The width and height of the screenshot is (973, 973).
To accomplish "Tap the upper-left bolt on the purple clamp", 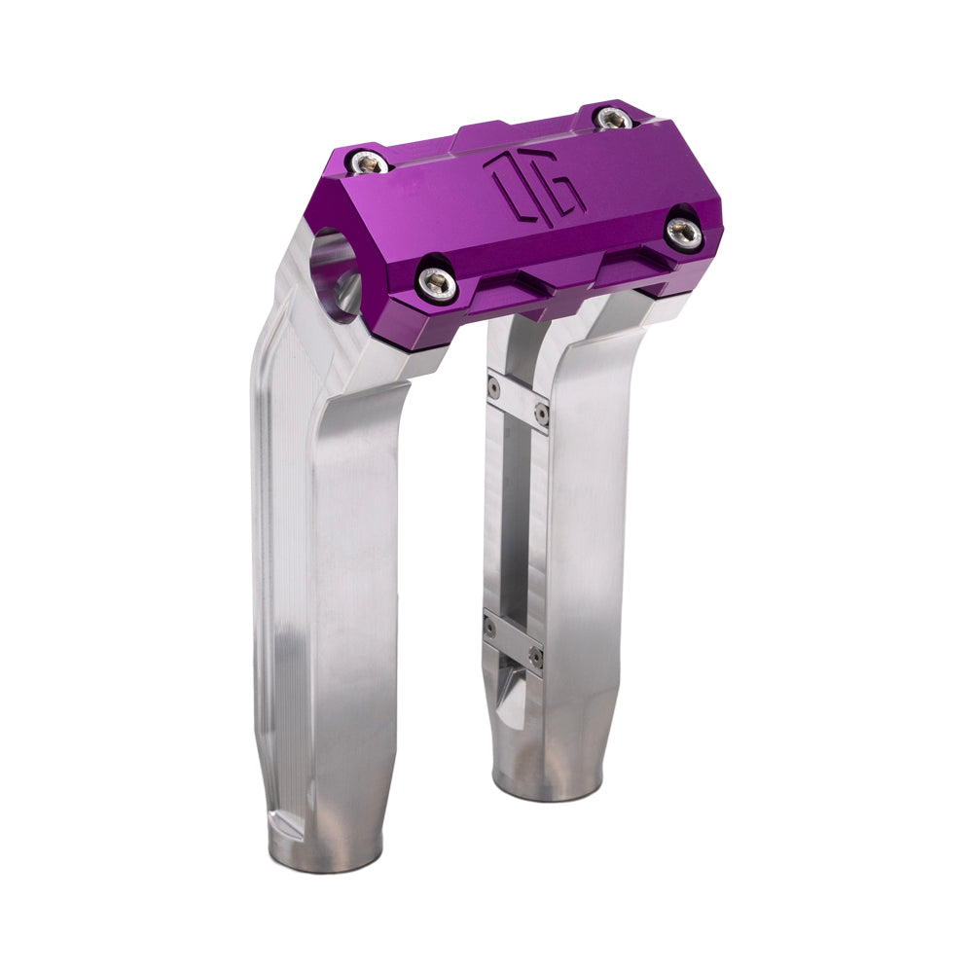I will pos(370,162).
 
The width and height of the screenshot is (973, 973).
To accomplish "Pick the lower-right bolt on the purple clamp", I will pos(685,231).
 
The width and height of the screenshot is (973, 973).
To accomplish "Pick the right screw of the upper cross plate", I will pos(542,414).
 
